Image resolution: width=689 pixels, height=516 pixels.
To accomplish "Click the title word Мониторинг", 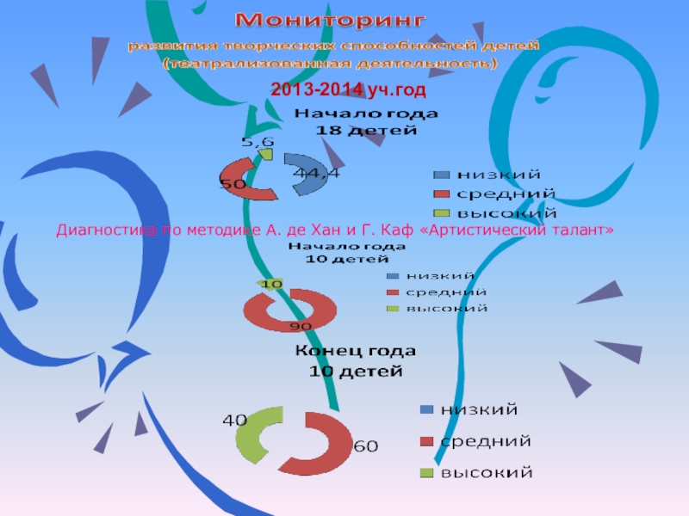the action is coord(332,19).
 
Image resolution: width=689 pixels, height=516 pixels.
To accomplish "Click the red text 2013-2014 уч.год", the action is coord(349,89).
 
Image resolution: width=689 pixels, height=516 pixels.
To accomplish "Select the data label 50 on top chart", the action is coord(233,183).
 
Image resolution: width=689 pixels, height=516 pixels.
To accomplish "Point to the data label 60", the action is coord(365,446).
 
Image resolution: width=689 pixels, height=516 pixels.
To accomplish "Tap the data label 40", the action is coord(234,421).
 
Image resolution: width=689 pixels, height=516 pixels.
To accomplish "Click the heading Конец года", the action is coord(356,352).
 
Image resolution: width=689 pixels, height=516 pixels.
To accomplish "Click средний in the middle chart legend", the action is coord(446,292).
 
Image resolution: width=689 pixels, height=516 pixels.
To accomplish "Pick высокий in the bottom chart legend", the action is coord(487,472).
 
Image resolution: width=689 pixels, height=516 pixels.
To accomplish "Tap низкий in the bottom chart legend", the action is coord(479,408).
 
